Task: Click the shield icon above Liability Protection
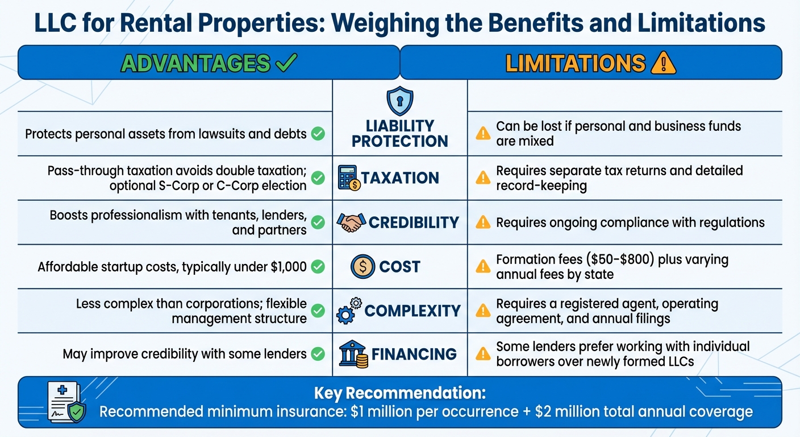[x=399, y=102]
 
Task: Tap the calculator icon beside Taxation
[x=348, y=178]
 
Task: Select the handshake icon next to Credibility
[x=350, y=222]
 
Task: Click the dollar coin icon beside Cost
[x=363, y=266]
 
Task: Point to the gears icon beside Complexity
[x=348, y=311]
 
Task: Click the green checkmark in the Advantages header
[x=286, y=63]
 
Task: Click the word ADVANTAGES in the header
[x=196, y=63]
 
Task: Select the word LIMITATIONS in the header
[x=575, y=63]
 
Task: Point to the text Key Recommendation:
[x=400, y=393]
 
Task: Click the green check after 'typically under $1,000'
[x=318, y=266]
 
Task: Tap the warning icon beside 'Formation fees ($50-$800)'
[x=482, y=266]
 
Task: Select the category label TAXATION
[x=400, y=178]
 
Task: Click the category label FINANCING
[x=414, y=354]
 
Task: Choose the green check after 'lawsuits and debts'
[x=318, y=134]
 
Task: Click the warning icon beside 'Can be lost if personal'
[x=482, y=134]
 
